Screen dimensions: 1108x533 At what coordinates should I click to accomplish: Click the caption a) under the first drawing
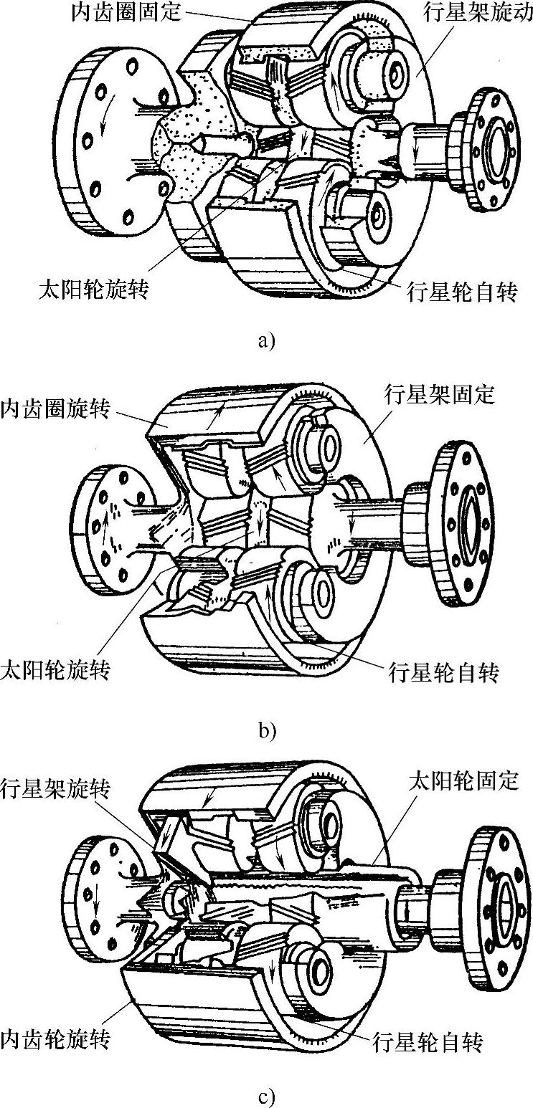point(266,340)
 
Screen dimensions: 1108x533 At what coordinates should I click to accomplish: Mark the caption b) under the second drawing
point(266,731)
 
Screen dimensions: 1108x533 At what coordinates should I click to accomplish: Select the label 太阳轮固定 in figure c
point(463,780)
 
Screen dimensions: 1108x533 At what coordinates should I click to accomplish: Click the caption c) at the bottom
point(266,1096)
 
